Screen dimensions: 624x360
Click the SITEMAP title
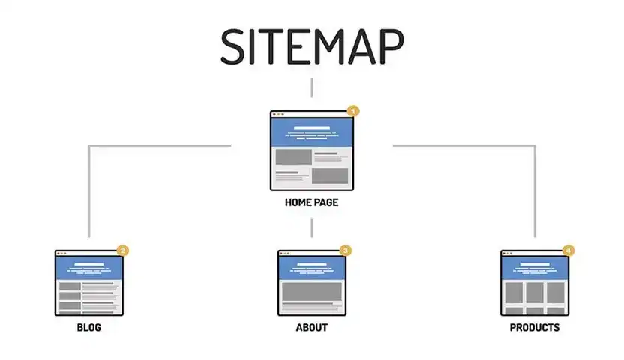(x=313, y=46)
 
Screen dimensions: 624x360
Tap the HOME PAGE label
(x=311, y=202)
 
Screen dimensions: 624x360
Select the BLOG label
(x=89, y=328)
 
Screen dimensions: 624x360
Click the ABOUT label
(x=312, y=328)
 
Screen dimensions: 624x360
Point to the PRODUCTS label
(x=535, y=328)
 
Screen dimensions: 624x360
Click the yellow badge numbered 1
(x=353, y=111)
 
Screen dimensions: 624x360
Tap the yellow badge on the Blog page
(x=122, y=250)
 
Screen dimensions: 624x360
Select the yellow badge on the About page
(x=346, y=250)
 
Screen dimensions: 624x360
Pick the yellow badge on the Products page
(x=568, y=250)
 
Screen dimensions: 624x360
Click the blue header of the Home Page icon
(x=312, y=133)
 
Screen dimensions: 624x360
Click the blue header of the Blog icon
(x=89, y=267)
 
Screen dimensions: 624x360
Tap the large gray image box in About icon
(x=312, y=292)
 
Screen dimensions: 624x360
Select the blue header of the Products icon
(x=535, y=267)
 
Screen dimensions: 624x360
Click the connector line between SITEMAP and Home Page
(x=311, y=88)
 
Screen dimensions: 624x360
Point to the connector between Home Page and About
(x=311, y=228)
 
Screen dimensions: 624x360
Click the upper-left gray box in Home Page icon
(x=294, y=157)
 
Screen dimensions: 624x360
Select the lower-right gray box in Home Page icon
(x=330, y=175)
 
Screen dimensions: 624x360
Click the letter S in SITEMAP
(x=232, y=47)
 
